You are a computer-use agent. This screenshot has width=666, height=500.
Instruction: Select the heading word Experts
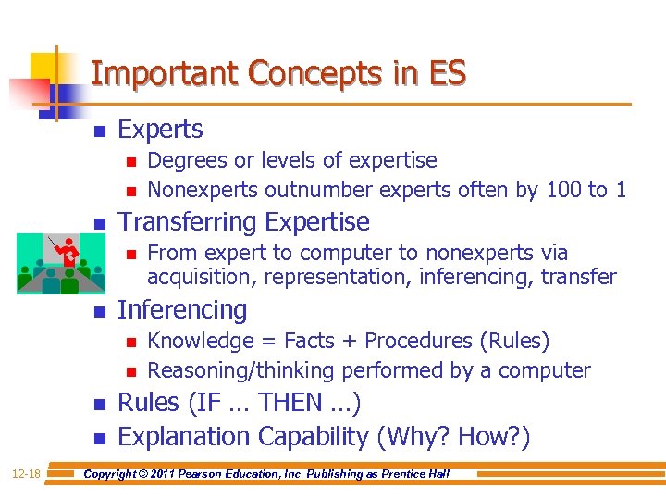160,130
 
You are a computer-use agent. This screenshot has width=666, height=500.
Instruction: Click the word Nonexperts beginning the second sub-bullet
203,190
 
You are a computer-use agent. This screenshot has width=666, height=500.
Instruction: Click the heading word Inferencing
182,310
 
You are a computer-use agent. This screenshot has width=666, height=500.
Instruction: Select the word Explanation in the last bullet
185,436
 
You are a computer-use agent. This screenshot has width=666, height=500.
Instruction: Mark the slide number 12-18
27,474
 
